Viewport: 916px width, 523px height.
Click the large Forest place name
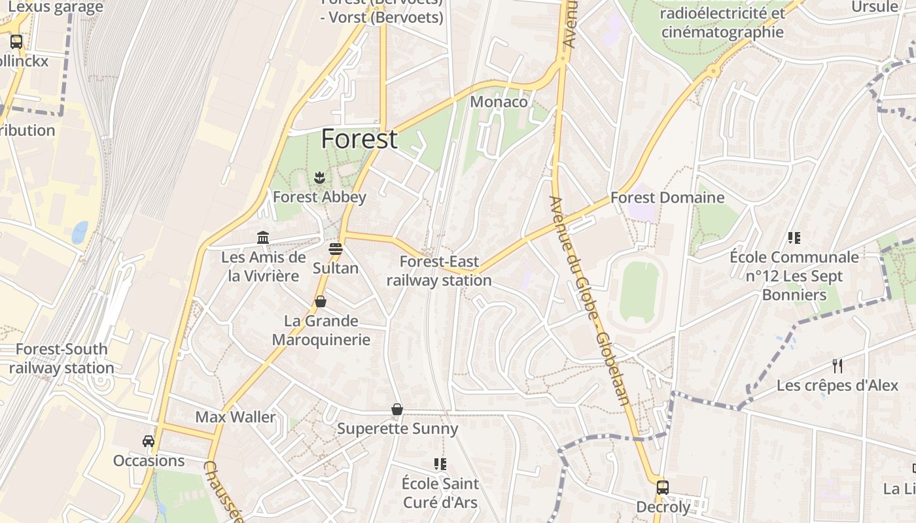pyautogui.click(x=359, y=139)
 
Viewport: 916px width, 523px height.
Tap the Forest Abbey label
pyautogui.click(x=319, y=197)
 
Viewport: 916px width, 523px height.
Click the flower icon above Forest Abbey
pyautogui.click(x=319, y=177)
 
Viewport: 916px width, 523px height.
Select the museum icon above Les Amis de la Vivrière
pyautogui.click(x=263, y=237)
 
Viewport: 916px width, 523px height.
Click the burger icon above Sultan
pyautogui.click(x=336, y=249)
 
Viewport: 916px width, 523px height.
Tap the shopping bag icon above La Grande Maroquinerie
pyautogui.click(x=321, y=301)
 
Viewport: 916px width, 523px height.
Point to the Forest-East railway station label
pyautogui.click(x=439, y=271)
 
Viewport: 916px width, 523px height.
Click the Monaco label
pyautogui.click(x=499, y=102)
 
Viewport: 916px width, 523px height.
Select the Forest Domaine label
pyautogui.click(x=667, y=197)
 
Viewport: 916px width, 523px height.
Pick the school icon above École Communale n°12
pyautogui.click(x=794, y=237)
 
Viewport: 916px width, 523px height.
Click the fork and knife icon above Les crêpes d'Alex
pyautogui.click(x=837, y=365)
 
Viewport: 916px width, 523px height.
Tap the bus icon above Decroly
pyautogui.click(x=663, y=487)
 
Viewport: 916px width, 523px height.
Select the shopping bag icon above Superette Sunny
pyautogui.click(x=397, y=409)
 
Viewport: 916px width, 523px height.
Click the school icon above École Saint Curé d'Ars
pyautogui.click(x=440, y=464)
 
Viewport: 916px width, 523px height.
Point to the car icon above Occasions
pyautogui.click(x=149, y=441)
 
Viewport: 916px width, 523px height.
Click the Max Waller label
pyautogui.click(x=236, y=417)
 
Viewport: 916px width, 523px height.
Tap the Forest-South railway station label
pyautogui.click(x=62, y=358)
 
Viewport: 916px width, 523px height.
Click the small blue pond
pyautogui.click(x=80, y=232)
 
